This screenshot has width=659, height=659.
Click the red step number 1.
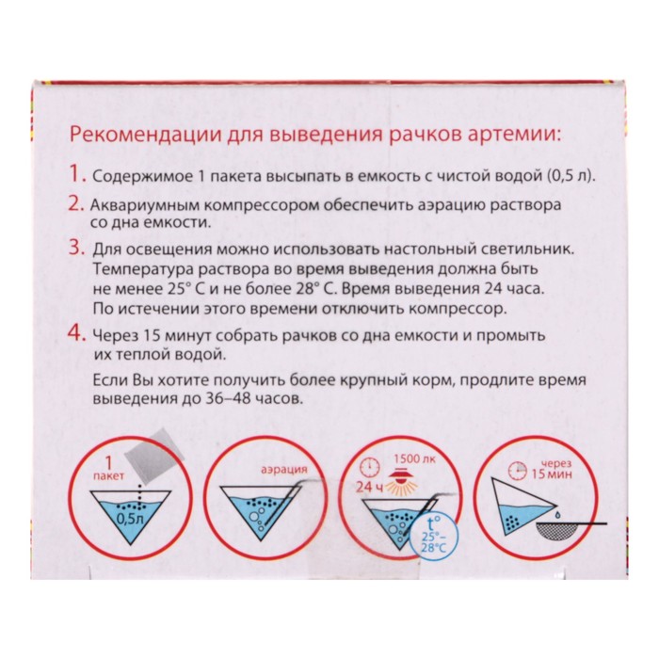pyautogui.click(x=76, y=173)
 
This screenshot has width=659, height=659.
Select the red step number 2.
pyautogui.click(x=77, y=204)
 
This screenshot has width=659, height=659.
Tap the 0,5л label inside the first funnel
pyautogui.click(x=131, y=520)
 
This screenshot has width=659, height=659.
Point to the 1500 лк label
pyautogui.click(x=415, y=458)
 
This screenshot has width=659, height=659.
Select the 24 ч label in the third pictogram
pyautogui.click(x=370, y=487)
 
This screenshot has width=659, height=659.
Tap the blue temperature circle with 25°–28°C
pyautogui.click(x=436, y=538)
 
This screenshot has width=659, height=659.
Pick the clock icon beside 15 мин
pyautogui.click(x=518, y=471)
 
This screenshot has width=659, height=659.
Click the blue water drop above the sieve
pyautogui.click(x=556, y=513)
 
